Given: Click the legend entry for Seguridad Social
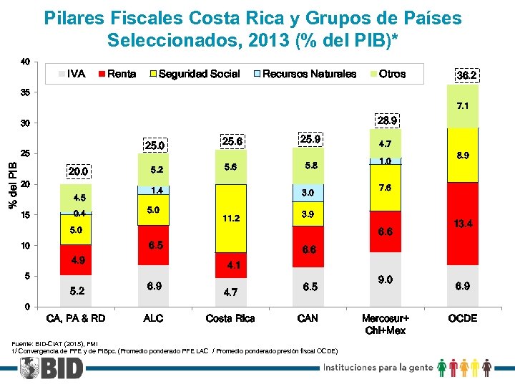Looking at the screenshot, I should (x=198, y=74).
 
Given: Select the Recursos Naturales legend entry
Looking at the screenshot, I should (x=308, y=74).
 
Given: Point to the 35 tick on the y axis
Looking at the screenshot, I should (x=25, y=92).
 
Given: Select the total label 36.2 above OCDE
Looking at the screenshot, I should (x=466, y=75).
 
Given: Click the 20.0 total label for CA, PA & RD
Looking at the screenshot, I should (x=78, y=172).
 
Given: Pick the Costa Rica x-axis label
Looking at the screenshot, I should (x=230, y=318).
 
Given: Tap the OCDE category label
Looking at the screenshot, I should (x=462, y=318).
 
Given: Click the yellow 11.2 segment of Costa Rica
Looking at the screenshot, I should (x=230, y=218).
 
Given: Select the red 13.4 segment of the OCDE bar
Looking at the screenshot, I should (x=462, y=224).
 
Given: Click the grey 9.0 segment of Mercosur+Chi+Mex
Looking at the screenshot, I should (x=385, y=279).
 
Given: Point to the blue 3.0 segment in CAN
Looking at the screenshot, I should (x=307, y=193).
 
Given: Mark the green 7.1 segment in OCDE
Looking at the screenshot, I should (x=462, y=106).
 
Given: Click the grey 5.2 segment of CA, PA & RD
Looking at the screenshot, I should (x=77, y=291).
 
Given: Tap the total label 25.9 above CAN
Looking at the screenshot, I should (x=310, y=138).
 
